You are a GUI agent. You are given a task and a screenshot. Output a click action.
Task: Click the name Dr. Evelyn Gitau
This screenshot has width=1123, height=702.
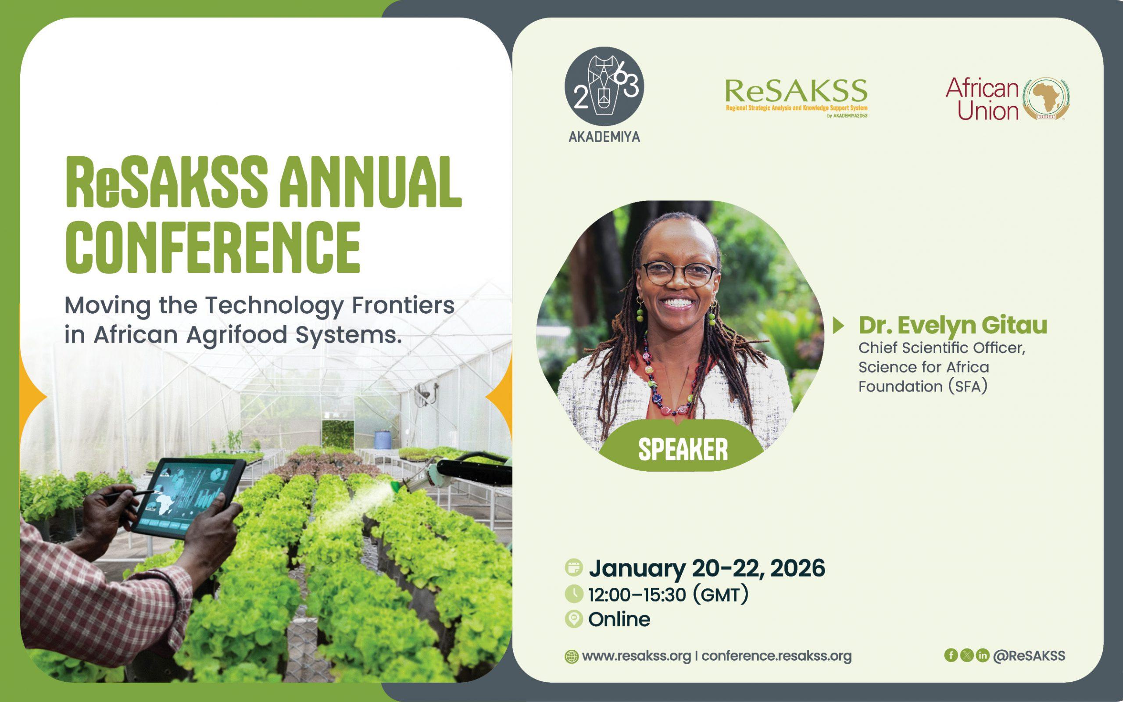953,325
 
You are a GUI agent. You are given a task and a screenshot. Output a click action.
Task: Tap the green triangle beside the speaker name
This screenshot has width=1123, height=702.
839,326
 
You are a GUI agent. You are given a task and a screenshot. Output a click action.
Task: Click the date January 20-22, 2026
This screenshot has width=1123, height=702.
707,568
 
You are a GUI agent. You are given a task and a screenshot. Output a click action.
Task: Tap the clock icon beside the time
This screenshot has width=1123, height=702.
574,594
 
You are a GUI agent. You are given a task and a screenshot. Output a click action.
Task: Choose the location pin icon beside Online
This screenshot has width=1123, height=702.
574,620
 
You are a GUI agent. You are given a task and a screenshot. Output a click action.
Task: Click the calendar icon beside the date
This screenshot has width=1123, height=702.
574,568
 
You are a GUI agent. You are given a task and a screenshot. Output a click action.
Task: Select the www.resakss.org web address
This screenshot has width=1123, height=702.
636,656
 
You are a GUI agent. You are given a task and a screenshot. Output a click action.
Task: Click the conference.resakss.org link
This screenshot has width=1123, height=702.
776,656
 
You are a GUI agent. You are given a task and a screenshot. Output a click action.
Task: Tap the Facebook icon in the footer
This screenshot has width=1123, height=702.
951,655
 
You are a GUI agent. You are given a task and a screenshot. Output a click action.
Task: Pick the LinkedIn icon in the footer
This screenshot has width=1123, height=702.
982,655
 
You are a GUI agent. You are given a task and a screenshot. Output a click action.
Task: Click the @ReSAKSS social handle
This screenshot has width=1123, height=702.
1029,655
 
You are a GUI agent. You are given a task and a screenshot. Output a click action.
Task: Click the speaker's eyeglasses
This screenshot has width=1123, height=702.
679,274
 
